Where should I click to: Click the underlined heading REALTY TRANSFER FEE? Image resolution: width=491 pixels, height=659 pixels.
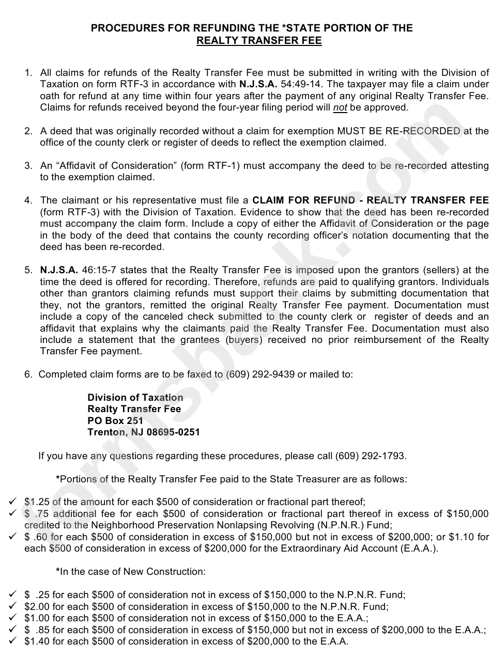[259, 41]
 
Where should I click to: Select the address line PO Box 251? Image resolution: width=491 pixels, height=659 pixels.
[115, 420]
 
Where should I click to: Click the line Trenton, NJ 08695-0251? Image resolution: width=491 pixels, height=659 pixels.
[144, 432]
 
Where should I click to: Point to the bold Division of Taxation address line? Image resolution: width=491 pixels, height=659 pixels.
[135, 397]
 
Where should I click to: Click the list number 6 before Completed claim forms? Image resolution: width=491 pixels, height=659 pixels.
[28, 374]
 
